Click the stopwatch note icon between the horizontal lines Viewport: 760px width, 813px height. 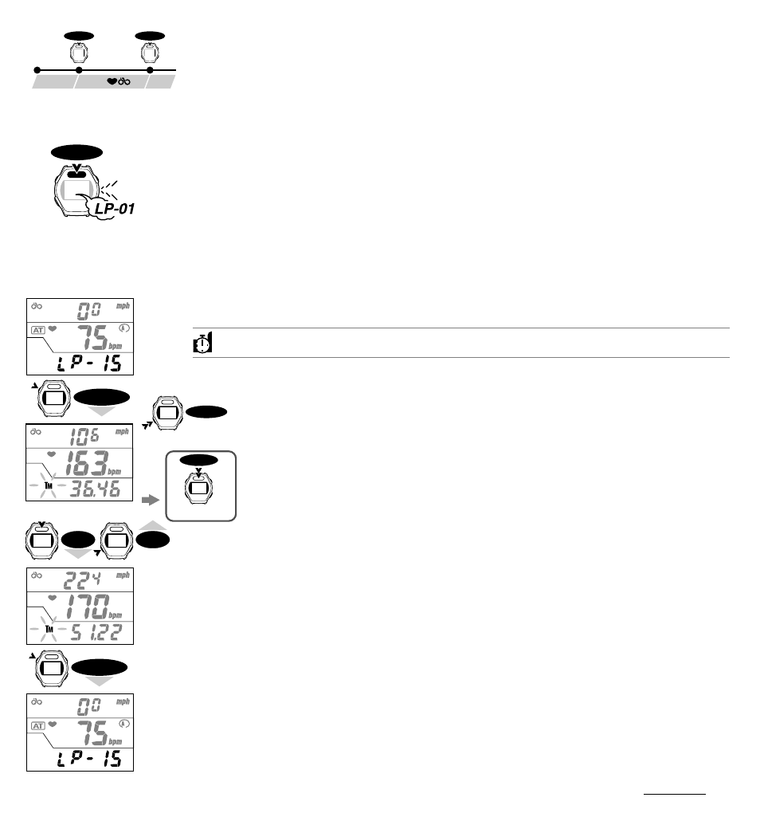click(x=202, y=343)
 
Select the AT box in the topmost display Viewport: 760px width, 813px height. click(x=38, y=329)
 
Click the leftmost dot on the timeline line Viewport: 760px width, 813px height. click(x=36, y=71)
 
